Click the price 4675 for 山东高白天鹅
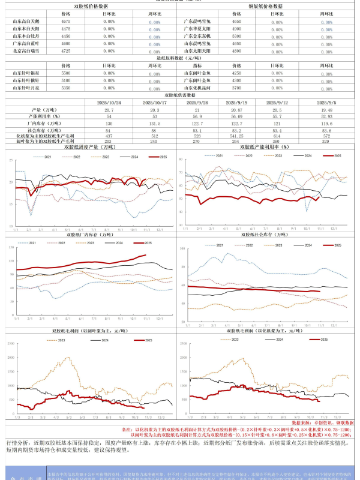pyautogui.click(x=66, y=21)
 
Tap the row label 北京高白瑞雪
pyautogui.click(x=25, y=51)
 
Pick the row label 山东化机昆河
pyautogui.click(x=196, y=88)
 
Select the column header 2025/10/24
pyautogui.click(x=109, y=103)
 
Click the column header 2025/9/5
pyautogui.click(x=326, y=103)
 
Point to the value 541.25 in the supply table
pyautogui.click(x=237, y=136)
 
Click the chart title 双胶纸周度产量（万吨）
pyautogui.click(x=90, y=147)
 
